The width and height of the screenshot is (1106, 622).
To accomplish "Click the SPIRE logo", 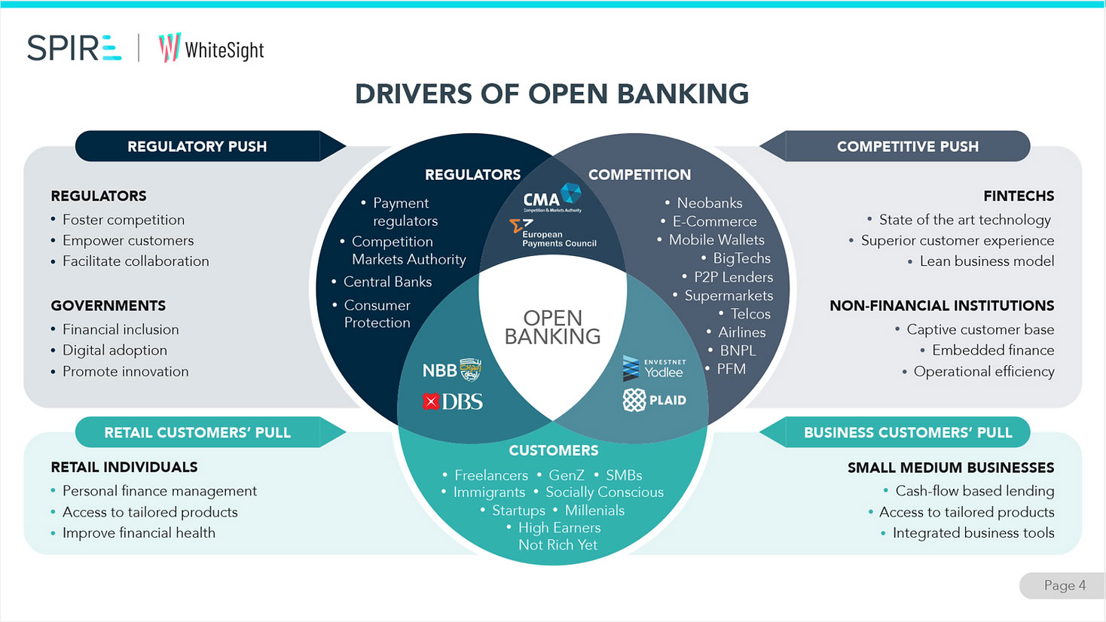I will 74,48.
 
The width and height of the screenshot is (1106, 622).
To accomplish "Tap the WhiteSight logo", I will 211,49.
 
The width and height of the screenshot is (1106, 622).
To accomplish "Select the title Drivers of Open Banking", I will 551,94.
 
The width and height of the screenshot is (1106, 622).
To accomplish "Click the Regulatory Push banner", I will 197,146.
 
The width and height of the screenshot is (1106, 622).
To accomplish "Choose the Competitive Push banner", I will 907,146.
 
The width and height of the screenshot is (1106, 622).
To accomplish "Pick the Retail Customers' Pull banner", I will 197,432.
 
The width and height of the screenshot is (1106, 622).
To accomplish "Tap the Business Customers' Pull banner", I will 907,432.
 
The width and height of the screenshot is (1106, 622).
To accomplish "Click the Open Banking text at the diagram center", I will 552,328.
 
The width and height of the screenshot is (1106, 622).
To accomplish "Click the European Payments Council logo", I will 554,234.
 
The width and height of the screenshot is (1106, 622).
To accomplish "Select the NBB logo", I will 451,370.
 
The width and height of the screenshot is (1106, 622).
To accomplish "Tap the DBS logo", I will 453,402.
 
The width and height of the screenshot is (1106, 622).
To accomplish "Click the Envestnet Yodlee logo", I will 654,368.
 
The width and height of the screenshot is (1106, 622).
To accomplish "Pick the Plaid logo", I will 655,400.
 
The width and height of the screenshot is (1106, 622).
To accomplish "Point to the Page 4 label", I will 1065,585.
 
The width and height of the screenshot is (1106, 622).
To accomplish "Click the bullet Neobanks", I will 709,203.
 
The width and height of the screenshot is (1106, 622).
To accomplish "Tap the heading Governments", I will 108,306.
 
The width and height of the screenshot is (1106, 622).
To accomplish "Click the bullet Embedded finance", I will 992,350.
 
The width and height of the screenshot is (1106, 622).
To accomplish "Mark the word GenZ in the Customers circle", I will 567,475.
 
